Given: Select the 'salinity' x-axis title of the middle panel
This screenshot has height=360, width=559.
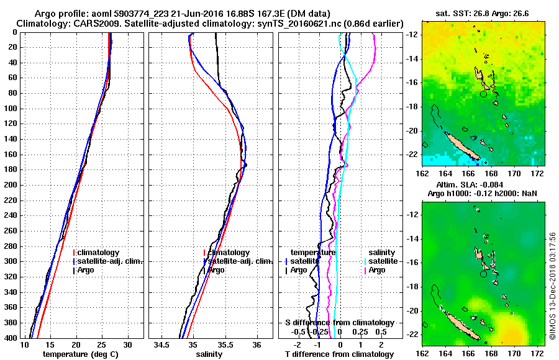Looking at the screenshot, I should (209, 354).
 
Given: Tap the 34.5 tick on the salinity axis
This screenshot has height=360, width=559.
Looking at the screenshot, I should (162, 344).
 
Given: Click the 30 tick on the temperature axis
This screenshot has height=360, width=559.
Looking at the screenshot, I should (127, 344).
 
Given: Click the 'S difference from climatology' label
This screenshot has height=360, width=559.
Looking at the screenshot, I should (339, 323).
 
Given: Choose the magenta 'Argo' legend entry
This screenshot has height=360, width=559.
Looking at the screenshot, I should (377, 270).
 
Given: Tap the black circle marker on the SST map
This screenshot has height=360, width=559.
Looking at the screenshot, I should (484, 94).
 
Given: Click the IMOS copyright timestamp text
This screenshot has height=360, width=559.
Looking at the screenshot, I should (552, 287).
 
